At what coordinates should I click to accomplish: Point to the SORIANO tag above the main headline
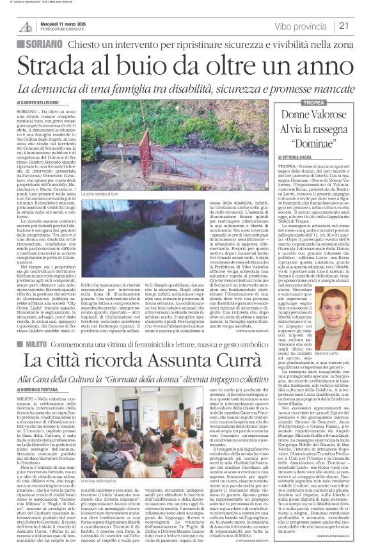(40, 43)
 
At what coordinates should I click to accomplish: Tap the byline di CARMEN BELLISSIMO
(46, 102)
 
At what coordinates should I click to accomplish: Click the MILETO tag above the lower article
(38, 344)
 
